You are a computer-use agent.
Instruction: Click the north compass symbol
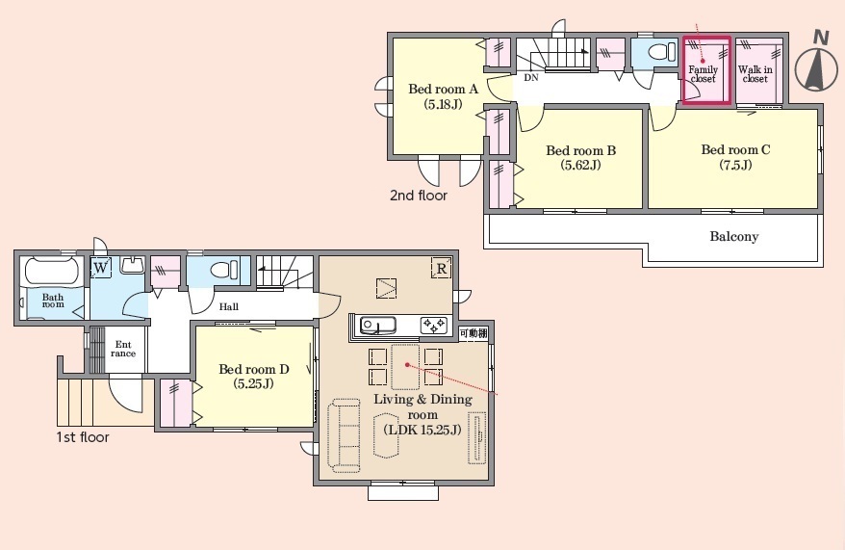pyautogui.click(x=817, y=64)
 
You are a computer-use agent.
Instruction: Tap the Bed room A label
pyautogui.click(x=443, y=96)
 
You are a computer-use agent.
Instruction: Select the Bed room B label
pyautogui.click(x=580, y=157)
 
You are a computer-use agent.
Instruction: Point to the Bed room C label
pyautogui.click(x=735, y=157)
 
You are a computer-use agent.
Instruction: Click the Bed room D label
pyautogui.click(x=254, y=377)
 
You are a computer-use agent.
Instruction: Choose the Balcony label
pyautogui.click(x=734, y=236)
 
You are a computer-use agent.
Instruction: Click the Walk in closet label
pyautogui.click(x=755, y=74)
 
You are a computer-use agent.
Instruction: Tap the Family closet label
pyautogui.click(x=704, y=74)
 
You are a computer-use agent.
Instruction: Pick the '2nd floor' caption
pyautogui.click(x=419, y=196)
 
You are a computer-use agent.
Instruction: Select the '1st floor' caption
pyautogui.click(x=83, y=436)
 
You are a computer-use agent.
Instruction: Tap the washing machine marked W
pyautogui.click(x=101, y=268)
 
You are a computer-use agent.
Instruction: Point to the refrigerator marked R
pyautogui.click(x=442, y=268)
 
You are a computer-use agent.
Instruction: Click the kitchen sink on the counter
pyautogui.click(x=378, y=326)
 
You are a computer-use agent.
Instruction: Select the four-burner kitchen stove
pyautogui.click(x=434, y=326)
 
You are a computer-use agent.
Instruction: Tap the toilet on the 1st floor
pyautogui.click(x=223, y=270)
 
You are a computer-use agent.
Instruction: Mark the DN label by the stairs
pyautogui.click(x=531, y=78)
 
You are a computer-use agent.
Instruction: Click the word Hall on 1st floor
pyautogui.click(x=228, y=307)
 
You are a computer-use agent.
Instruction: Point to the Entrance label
pyautogui.click(x=123, y=349)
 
